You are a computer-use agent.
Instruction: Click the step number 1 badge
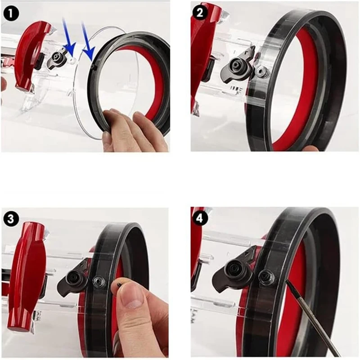11,13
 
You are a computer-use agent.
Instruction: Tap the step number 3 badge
11,219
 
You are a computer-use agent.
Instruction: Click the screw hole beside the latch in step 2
260,71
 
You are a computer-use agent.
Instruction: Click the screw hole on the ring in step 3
97,281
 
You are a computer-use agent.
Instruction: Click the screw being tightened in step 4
266,276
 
